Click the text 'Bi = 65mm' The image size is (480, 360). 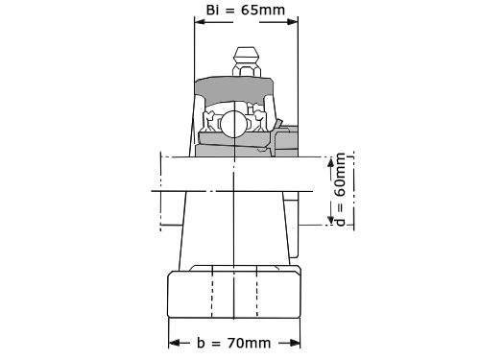pos(245,11)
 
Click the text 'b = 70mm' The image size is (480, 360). pos(235,343)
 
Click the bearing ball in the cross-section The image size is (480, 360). pos(235,122)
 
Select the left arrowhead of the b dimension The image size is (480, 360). pos(174,343)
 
